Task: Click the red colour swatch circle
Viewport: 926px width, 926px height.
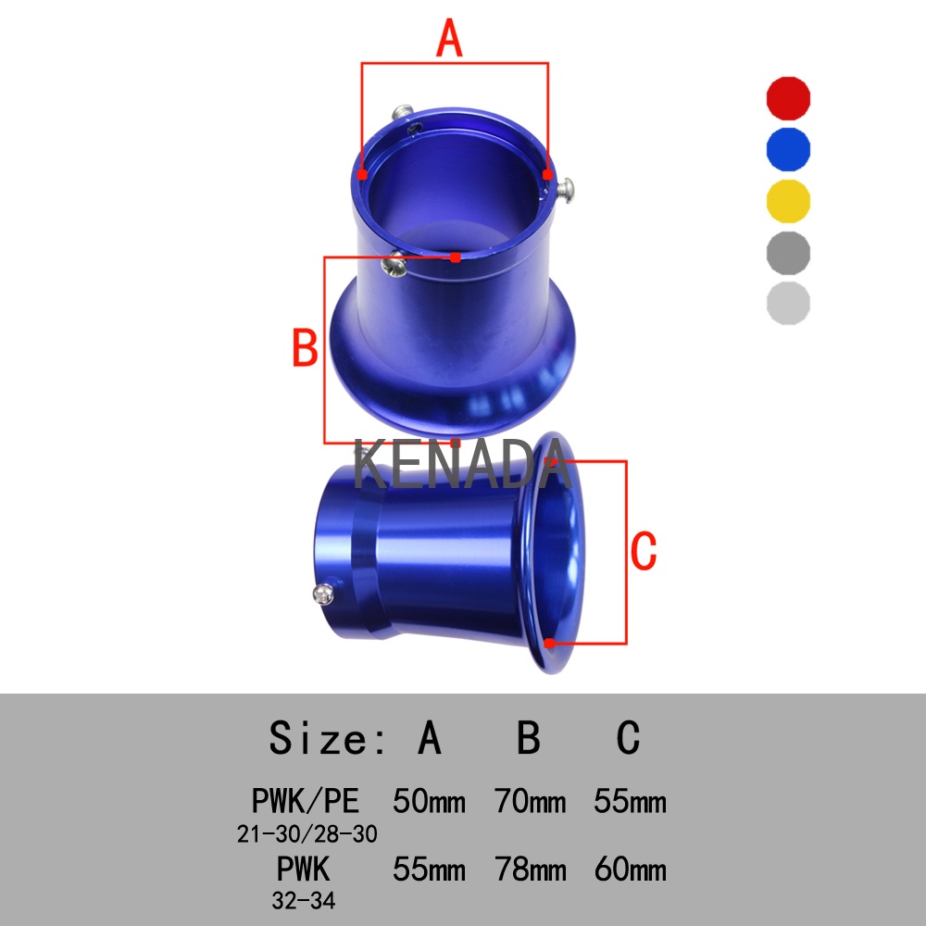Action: tap(788, 98)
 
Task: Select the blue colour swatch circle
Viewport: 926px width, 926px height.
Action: tap(788, 149)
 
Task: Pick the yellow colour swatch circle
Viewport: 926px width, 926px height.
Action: tap(788, 201)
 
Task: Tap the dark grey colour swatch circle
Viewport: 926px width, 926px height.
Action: tap(788, 253)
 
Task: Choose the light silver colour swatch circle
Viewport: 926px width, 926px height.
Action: tap(788, 304)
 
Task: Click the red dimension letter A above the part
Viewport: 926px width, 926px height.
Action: tap(449, 38)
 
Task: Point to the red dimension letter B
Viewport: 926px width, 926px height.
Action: tap(306, 348)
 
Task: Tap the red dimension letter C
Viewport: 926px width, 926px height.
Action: tap(644, 550)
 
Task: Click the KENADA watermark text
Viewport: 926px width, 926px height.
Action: tap(462, 465)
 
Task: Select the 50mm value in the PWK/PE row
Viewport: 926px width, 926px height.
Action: tap(429, 801)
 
